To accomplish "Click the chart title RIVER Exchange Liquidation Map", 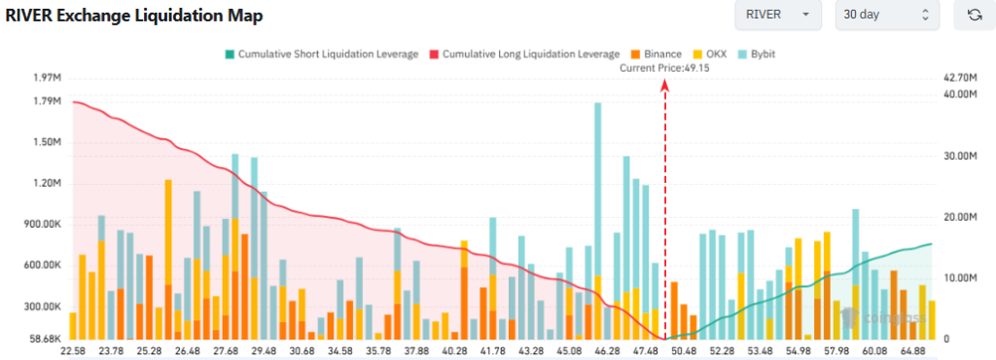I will (134, 17).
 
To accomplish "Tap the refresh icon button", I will (974, 16).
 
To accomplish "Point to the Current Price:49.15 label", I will (664, 68).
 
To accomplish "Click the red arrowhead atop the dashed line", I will (665, 85).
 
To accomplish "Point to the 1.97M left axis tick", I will (47, 77).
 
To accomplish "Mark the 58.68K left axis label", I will (45, 339).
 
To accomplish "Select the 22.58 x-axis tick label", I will (74, 351).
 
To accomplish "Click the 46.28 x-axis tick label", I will (606, 351).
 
